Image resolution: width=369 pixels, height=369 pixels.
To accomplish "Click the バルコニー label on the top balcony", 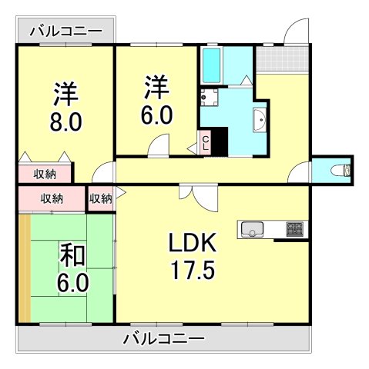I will pos(65,32).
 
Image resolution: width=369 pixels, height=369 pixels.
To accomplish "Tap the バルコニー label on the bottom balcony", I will pos(163,338).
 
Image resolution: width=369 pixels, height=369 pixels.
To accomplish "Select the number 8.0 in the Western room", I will pos(66,122).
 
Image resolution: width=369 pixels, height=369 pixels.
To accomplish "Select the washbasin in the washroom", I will pos(260,120).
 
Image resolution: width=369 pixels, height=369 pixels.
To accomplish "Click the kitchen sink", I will pos(252,228).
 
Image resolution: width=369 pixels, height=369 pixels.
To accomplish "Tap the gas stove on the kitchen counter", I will pos(295,228).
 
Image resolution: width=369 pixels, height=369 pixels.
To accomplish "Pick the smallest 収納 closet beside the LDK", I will pos(101,198).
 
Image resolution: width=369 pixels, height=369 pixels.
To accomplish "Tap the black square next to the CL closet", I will pos(220,143).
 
